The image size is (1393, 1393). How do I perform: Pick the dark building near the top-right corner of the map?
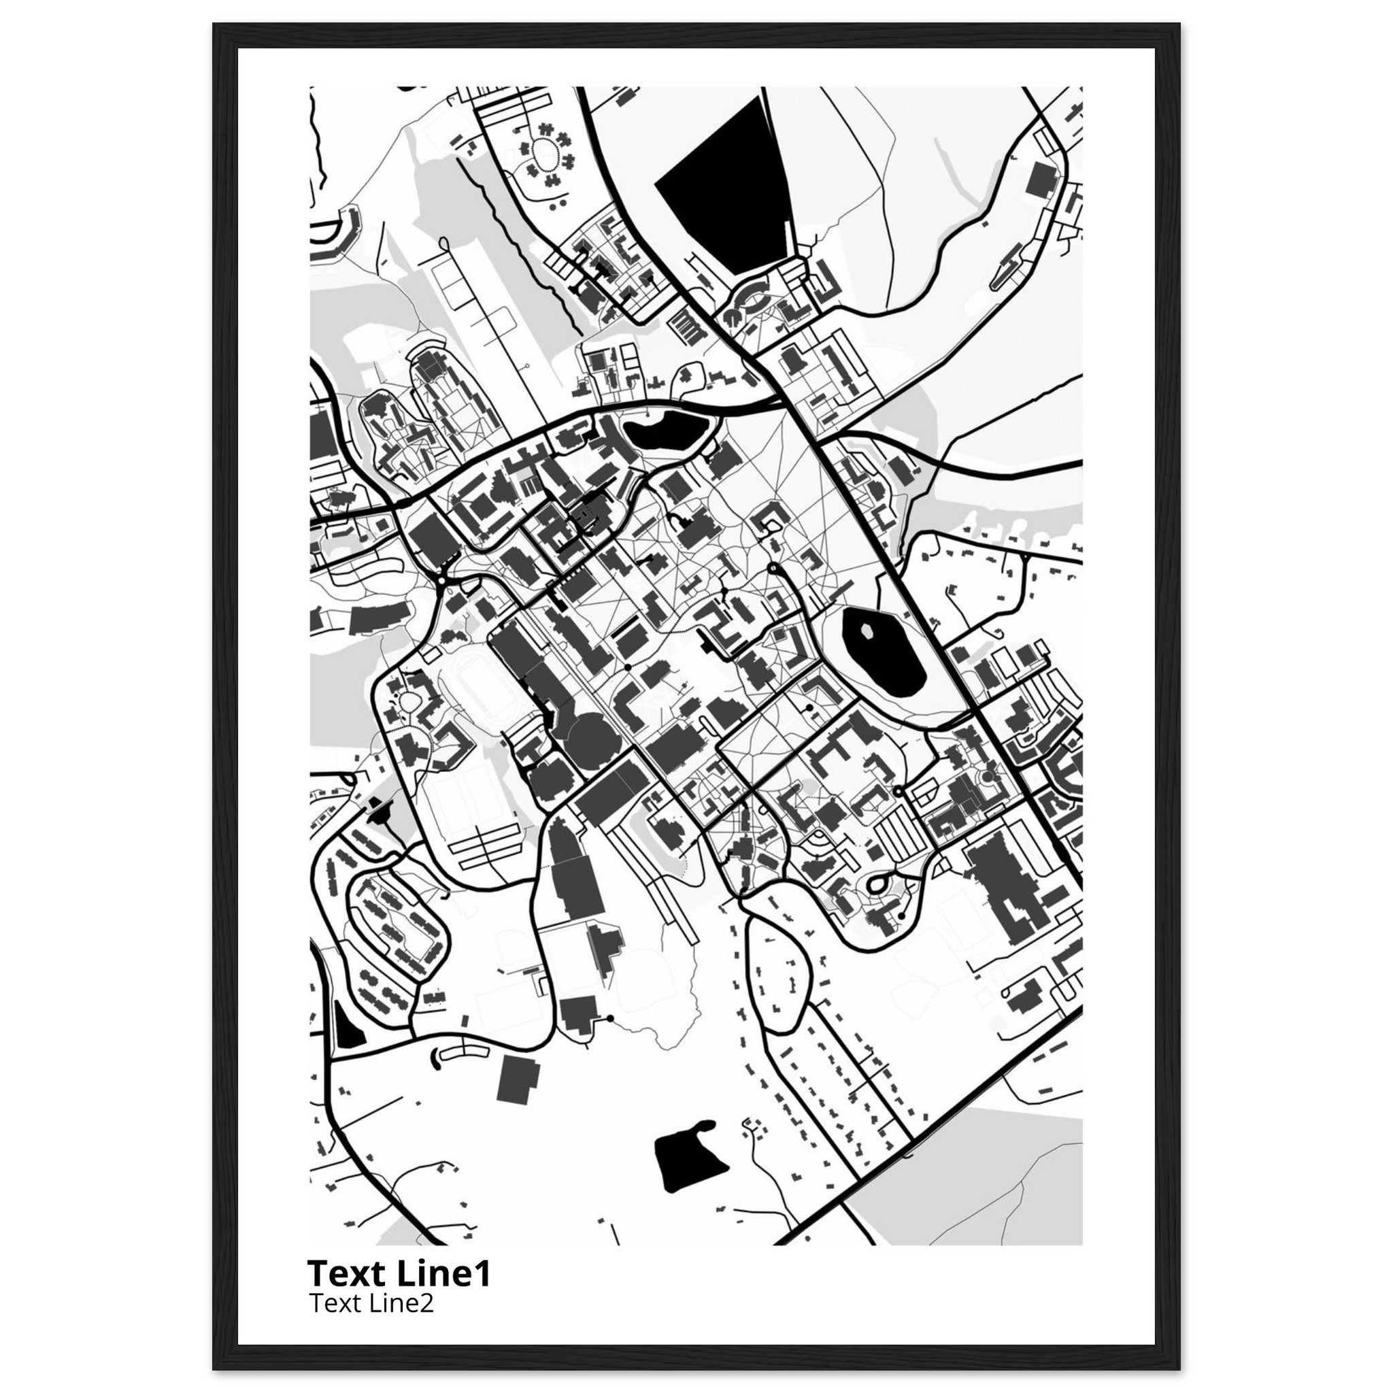1041,178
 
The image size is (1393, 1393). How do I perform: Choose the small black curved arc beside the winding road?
435,1077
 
